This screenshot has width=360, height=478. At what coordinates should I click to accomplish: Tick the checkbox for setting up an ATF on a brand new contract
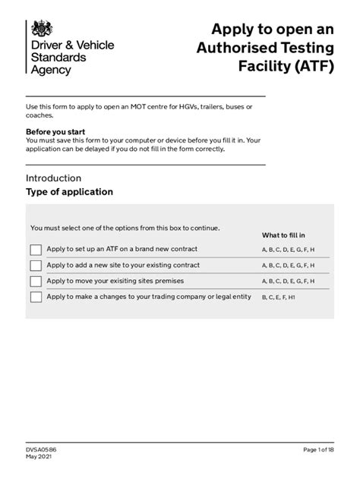click(x=36, y=250)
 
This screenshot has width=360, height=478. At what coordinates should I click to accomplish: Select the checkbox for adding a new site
click(x=36, y=266)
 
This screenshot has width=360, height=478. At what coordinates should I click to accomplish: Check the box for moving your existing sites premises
click(x=36, y=281)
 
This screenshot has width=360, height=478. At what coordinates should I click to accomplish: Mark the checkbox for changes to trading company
click(x=36, y=297)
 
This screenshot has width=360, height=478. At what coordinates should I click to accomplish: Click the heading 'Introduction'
click(x=53, y=178)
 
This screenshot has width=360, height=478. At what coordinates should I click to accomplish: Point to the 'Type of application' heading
click(x=69, y=192)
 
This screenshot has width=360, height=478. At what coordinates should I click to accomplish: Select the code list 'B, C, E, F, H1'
click(x=279, y=298)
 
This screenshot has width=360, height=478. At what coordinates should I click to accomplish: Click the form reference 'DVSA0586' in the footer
click(x=41, y=450)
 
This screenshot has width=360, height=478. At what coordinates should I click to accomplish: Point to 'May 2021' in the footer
click(x=39, y=458)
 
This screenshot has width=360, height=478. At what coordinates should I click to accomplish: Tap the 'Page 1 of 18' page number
click(x=314, y=450)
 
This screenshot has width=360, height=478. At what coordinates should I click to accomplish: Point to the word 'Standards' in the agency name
click(x=58, y=57)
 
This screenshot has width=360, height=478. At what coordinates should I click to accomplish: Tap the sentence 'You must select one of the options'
click(x=125, y=228)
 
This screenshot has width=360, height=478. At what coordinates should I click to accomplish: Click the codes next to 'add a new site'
click(x=288, y=266)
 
